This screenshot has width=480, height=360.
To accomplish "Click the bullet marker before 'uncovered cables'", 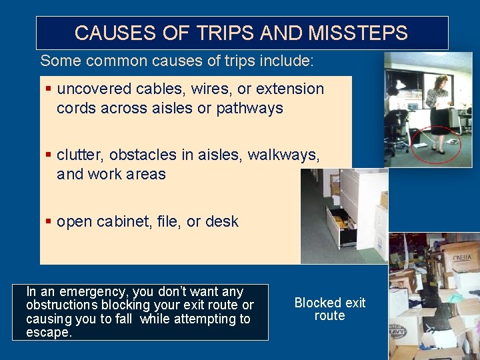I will coord(48,89).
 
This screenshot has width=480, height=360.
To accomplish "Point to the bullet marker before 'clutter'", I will coord(48,155).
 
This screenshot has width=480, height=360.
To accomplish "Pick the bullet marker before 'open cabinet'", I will coord(48,221).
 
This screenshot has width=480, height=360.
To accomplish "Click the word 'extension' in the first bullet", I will coord(290,89).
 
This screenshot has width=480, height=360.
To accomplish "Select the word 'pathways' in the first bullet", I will coord(249,108).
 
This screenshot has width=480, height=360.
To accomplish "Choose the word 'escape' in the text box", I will coord(48,332).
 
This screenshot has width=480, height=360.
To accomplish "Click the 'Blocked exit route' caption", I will coord(330,309).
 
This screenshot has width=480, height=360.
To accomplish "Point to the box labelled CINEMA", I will coord(462,257).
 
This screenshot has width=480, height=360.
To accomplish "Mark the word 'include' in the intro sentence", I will coord(287,61).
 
